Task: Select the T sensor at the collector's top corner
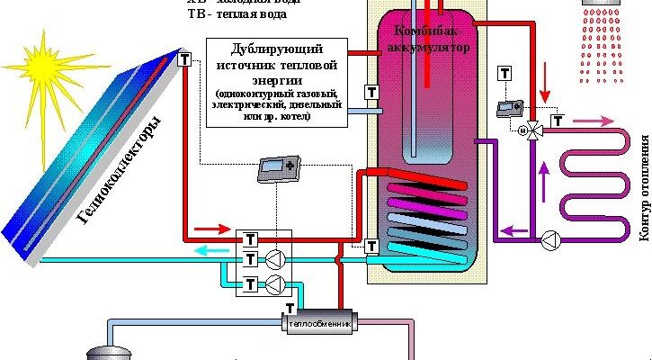click(x=184, y=59)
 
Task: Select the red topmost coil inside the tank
click(x=427, y=178)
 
